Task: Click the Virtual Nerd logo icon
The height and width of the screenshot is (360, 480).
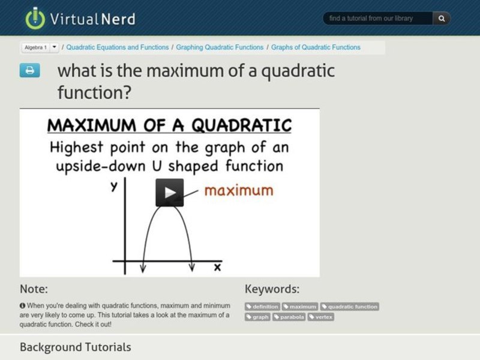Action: pyautogui.click(x=35, y=18)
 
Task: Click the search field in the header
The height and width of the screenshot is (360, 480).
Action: pyautogui.click(x=378, y=19)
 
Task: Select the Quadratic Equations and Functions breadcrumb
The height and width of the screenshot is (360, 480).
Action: pyautogui.click(x=117, y=47)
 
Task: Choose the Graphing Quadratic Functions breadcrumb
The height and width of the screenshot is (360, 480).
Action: pyautogui.click(x=220, y=47)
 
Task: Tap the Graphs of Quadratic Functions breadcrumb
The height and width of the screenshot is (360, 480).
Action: pyautogui.click(x=316, y=47)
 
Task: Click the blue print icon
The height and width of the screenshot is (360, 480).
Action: pyautogui.click(x=29, y=71)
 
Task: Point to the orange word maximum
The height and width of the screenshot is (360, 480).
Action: pyautogui.click(x=238, y=190)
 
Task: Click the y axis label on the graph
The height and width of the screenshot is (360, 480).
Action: pyautogui.click(x=113, y=187)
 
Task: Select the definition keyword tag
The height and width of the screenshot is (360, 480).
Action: pyautogui.click(x=262, y=307)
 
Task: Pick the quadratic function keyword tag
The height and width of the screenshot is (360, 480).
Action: pyautogui.click(x=349, y=307)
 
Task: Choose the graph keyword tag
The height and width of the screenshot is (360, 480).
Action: pyautogui.click(x=257, y=317)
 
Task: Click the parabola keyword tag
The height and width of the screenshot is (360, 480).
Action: pyautogui.click(x=289, y=317)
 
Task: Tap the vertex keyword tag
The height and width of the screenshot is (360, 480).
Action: pyautogui.click(x=321, y=317)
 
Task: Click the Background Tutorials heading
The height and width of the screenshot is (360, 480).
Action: pyautogui.click(x=75, y=347)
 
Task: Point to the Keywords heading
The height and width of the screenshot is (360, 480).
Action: pyautogui.click(x=272, y=289)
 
